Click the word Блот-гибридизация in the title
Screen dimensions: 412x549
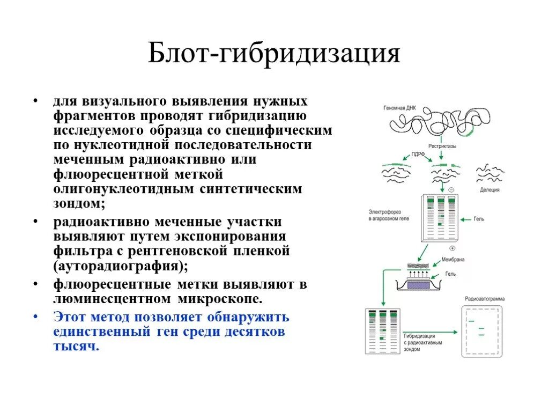[x=274, y=54]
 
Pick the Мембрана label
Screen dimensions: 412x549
[x=453, y=260]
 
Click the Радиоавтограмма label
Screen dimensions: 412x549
[x=485, y=299]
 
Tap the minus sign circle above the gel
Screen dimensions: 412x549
[x=450, y=190]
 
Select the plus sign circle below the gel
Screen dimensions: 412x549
[x=452, y=248]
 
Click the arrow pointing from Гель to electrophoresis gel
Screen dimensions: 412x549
[x=462, y=219]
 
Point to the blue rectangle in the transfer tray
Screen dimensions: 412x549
[x=418, y=285]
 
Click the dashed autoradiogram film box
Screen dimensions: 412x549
[x=482, y=332]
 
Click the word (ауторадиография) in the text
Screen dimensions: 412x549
[x=121, y=265]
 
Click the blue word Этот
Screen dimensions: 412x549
[x=70, y=316]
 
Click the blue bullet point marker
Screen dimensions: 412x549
[x=35, y=317]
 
